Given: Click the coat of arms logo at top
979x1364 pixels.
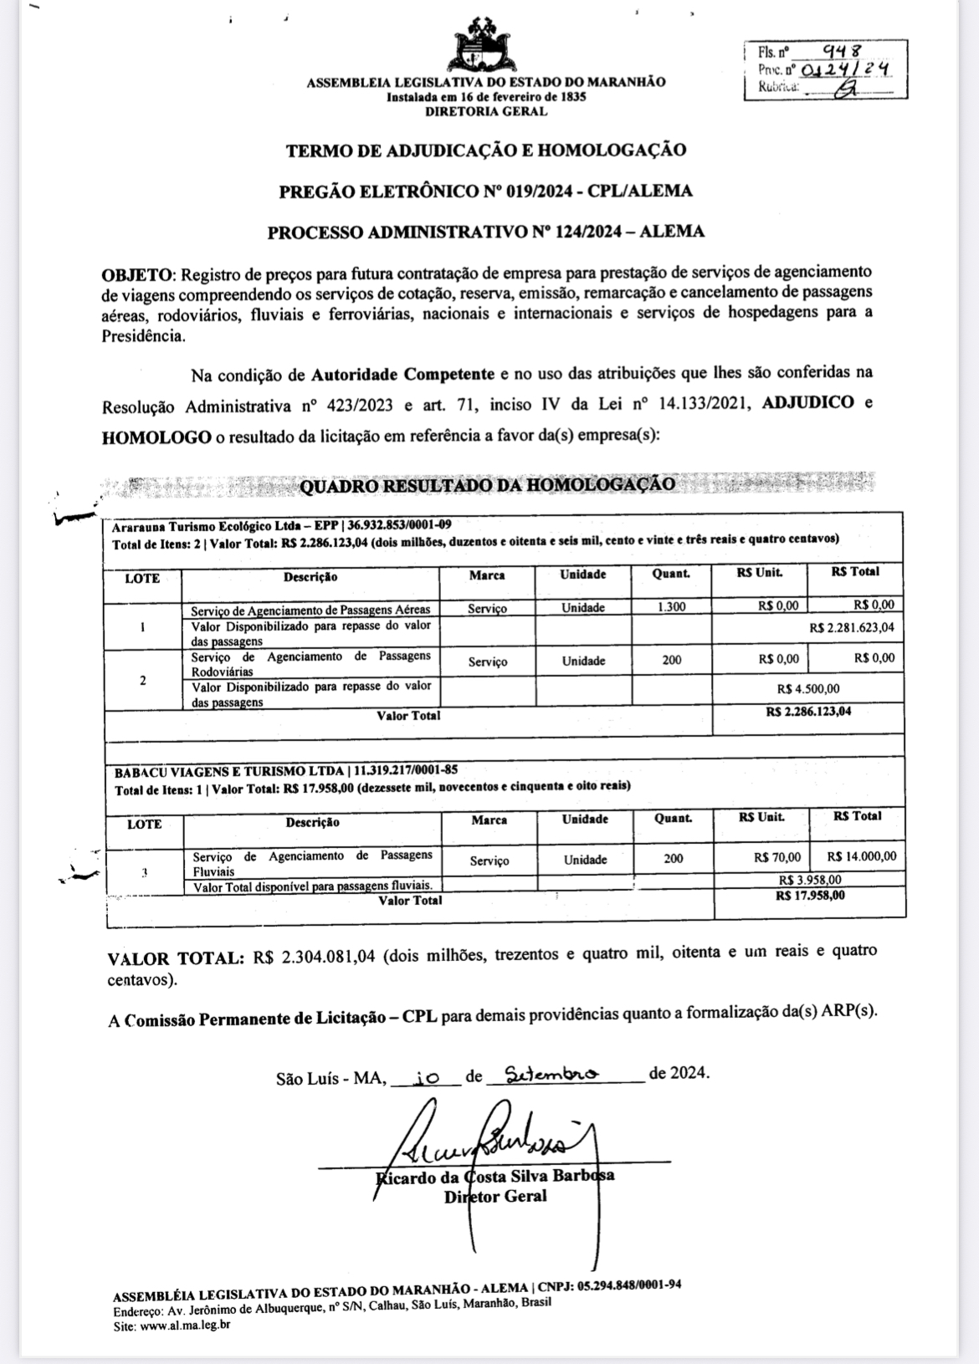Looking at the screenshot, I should [x=486, y=45].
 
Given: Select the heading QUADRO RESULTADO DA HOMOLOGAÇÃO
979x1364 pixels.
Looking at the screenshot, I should [x=487, y=484].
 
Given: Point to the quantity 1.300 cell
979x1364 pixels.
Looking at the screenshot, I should [x=671, y=607].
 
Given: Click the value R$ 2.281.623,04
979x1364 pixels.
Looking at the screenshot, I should [x=852, y=627].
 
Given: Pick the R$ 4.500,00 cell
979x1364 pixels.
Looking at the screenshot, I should [x=807, y=688].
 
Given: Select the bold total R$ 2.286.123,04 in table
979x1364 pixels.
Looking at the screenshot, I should [x=808, y=712].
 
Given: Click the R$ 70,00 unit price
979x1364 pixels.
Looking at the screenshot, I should [x=777, y=857].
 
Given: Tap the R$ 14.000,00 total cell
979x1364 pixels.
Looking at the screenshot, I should [x=861, y=856].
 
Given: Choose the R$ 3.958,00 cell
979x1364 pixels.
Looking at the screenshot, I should [x=809, y=880].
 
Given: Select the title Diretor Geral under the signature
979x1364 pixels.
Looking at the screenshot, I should [x=495, y=1196].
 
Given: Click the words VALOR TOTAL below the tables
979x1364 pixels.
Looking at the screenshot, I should [x=176, y=958].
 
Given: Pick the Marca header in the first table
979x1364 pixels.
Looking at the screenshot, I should [x=487, y=575].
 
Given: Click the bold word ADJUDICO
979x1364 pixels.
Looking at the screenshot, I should [x=808, y=402].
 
